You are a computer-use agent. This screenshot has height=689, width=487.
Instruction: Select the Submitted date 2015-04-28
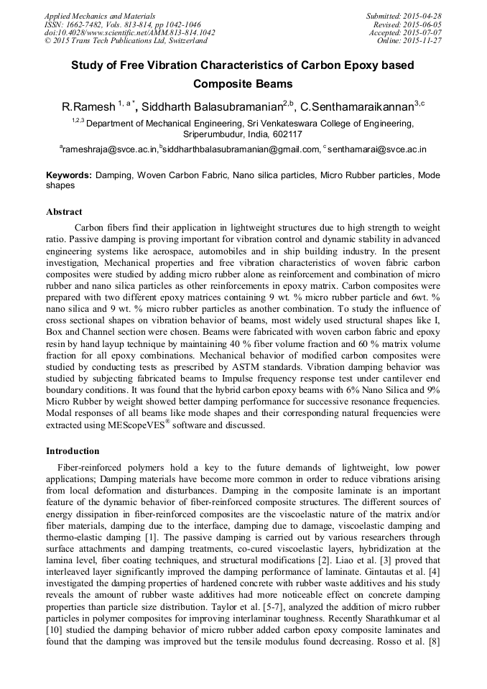pyautogui.click(x=425, y=15)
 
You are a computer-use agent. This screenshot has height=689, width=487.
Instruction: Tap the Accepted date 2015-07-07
pyautogui.click(x=425, y=32)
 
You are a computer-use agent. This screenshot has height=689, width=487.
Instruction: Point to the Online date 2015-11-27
pyautogui.click(x=425, y=41)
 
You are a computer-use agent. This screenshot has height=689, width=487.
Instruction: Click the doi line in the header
pyautogui.click(x=129, y=32)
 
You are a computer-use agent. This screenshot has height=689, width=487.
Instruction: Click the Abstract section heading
pyautogui.click(x=64, y=212)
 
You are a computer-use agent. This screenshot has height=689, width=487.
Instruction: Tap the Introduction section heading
pyautogui.click(x=73, y=451)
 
